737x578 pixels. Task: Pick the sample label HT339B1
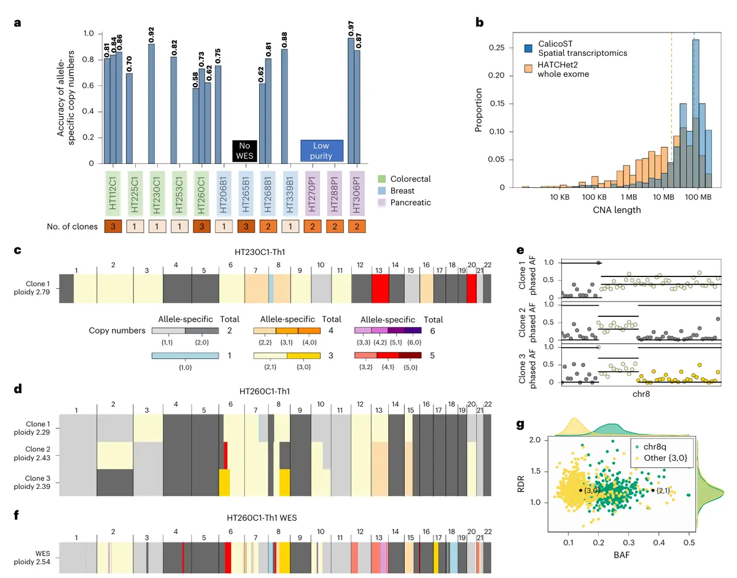[x=284, y=192]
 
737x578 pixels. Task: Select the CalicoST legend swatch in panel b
[x=530, y=49]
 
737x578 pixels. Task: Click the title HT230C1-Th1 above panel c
[x=281, y=252]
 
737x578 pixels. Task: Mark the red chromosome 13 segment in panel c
[x=380, y=288]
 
